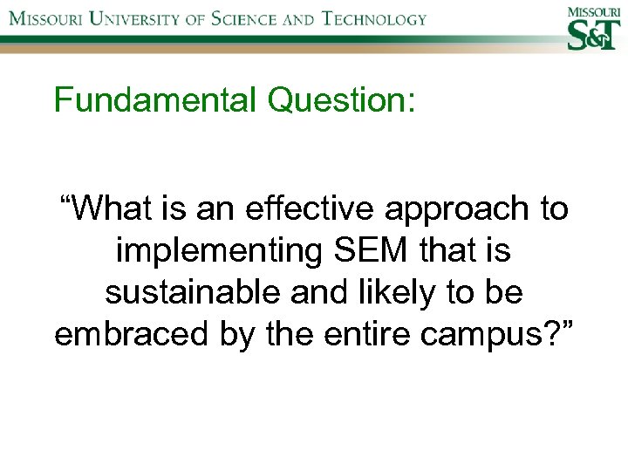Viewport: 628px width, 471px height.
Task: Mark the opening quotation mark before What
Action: [65, 202]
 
